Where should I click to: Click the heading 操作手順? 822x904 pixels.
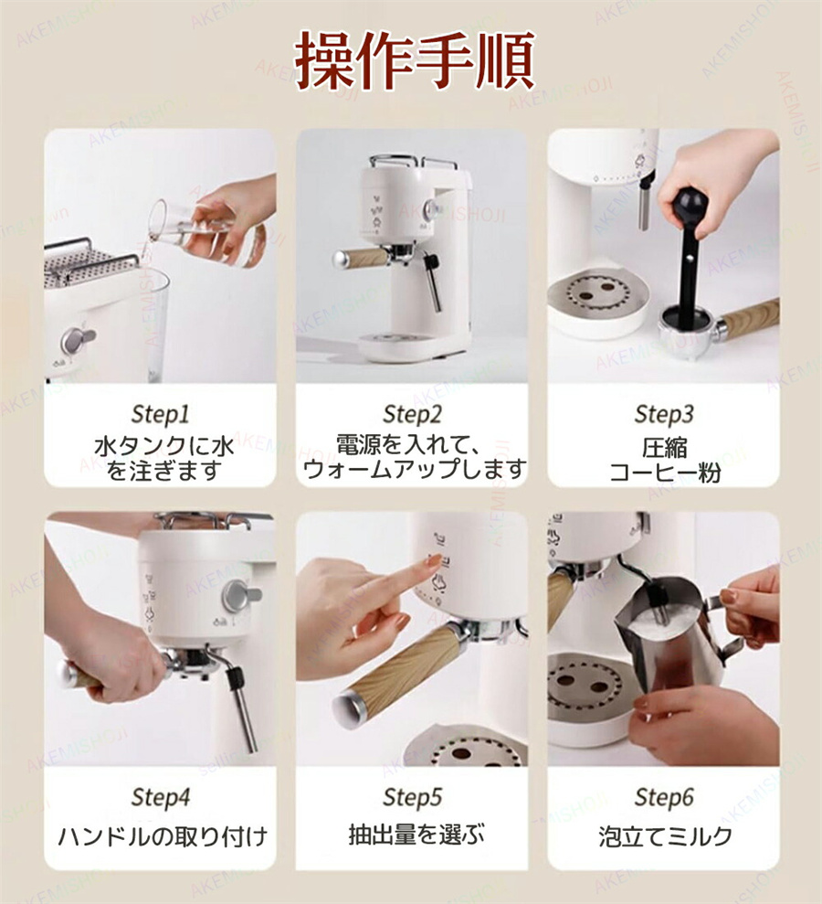(415, 60)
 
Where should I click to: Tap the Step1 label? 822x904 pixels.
(160, 414)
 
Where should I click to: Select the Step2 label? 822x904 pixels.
(413, 414)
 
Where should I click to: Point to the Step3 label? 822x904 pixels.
(664, 414)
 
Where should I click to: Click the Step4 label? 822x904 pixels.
(160, 797)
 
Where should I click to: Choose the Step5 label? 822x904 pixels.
(413, 797)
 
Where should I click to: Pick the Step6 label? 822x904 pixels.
(664, 797)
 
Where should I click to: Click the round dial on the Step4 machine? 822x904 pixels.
(239, 596)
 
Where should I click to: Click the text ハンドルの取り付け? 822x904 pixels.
(163, 836)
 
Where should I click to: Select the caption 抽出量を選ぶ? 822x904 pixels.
(416, 835)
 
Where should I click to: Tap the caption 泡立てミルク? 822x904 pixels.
(665, 836)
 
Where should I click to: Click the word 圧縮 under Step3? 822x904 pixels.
(665, 448)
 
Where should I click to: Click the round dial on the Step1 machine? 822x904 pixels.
(79, 340)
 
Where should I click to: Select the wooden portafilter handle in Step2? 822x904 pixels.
(361, 258)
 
